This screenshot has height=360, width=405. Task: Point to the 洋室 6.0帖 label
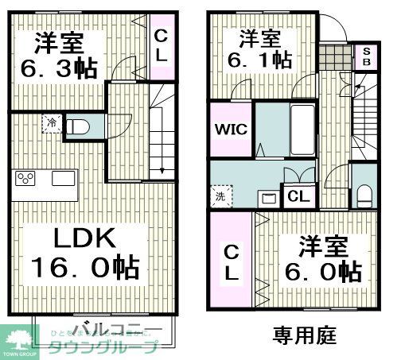tap(324, 259)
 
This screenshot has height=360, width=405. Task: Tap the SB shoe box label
tap(367, 56)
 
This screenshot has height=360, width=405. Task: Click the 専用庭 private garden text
tap(304, 335)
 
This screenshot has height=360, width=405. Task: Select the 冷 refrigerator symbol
tap(51, 124)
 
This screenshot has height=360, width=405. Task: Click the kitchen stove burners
tap(25, 178)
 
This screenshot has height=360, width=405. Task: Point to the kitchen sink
tap(62, 178)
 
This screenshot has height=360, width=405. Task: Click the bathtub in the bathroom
tap(301, 130)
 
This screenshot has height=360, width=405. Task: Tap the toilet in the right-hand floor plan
tap(363, 192)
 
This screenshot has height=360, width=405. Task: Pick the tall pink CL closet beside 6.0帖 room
tap(230, 263)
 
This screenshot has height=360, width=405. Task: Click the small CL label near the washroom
tap(299, 196)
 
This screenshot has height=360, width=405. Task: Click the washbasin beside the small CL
tap(270, 195)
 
